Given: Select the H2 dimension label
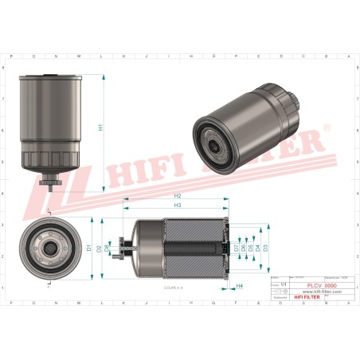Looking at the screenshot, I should click(x=177, y=196).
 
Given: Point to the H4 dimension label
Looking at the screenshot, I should click(x=240, y=285).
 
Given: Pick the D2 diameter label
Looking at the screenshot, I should click(x=99, y=248).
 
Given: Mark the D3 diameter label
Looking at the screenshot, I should click(x=265, y=248).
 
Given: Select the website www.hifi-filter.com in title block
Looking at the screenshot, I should click(x=320, y=292).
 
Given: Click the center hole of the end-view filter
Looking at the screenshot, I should click(x=49, y=248).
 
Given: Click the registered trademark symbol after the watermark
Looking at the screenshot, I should click(x=325, y=127).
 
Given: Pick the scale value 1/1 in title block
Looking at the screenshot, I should click(x=284, y=283).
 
